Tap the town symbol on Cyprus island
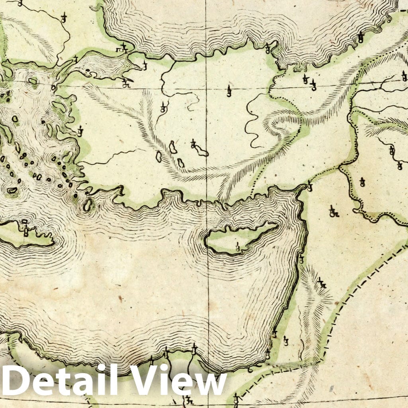(238, 247)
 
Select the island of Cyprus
(239, 239)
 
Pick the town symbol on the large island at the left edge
(26, 230)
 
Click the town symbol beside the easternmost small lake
(193, 144)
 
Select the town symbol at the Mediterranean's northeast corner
(309, 186)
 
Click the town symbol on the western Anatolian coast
(80, 131)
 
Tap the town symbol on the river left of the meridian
(163, 107)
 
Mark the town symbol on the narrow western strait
(75, 60)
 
